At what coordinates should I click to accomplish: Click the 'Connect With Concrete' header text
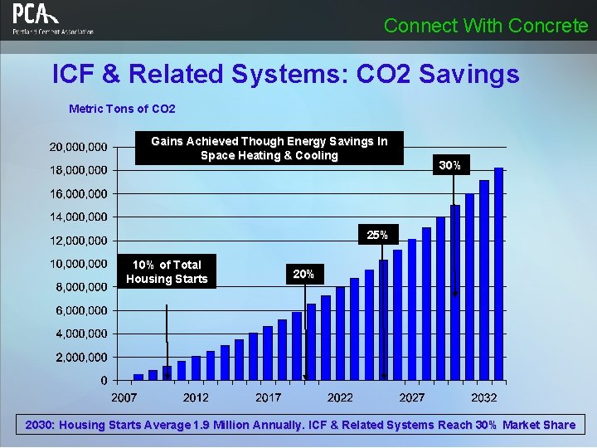click(486, 26)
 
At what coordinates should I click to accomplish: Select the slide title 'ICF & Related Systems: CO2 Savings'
click(285, 75)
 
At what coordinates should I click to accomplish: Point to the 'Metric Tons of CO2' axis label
click(122, 109)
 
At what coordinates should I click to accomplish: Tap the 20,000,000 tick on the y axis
click(78, 147)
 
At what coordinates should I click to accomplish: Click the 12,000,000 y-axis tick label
click(78, 241)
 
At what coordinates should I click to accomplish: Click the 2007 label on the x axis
click(124, 397)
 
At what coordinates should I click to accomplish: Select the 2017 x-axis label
click(268, 397)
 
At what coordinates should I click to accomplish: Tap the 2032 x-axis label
click(484, 397)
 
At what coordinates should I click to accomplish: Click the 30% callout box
click(450, 165)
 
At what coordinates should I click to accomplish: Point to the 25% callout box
click(377, 235)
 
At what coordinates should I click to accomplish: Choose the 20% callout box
click(303, 273)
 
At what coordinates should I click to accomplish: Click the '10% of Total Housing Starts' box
click(167, 271)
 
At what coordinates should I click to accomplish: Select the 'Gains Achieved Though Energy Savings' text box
click(269, 149)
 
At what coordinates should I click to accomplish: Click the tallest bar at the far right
click(498, 274)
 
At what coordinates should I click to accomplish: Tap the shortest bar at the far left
click(138, 377)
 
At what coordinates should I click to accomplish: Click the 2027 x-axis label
click(412, 397)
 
